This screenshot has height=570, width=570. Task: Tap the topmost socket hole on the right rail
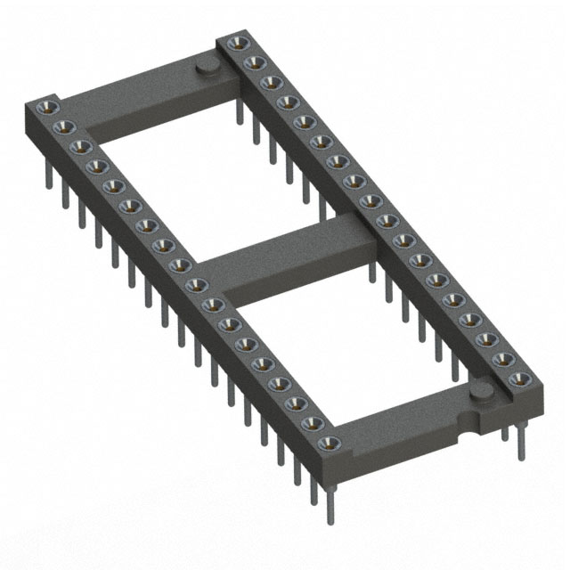coord(236,43)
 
